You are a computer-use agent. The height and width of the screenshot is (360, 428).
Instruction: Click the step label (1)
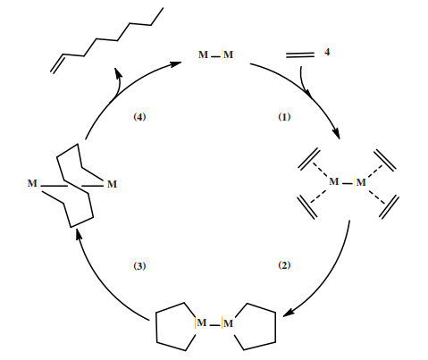coord(284,117)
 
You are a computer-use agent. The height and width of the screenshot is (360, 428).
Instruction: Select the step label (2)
coord(284,264)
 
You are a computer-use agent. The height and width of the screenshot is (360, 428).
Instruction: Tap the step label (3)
coord(139,265)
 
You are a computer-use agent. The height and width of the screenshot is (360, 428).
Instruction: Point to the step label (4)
coord(139,117)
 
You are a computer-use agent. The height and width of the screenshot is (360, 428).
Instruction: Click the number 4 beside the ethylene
coord(327,52)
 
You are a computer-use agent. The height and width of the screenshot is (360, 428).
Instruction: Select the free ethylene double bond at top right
coord(300,54)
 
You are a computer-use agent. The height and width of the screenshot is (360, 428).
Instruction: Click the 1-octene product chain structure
coord(106,40)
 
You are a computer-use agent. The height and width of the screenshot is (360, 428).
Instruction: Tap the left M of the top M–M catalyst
coord(203,54)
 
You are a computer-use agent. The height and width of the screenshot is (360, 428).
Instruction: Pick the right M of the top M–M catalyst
coord(228,54)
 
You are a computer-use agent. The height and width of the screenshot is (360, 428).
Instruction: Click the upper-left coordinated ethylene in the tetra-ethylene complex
coord(309,159)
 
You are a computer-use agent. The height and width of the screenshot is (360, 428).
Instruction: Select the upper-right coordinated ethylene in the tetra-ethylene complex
coord(385,160)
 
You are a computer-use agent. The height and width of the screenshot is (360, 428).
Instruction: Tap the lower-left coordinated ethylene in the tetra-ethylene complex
coord(307,207)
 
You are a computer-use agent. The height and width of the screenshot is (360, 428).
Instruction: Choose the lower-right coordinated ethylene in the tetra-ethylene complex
coord(389,207)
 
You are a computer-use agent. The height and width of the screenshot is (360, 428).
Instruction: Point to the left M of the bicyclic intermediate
coord(32,183)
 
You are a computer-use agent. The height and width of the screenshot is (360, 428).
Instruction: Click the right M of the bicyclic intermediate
coord(112,184)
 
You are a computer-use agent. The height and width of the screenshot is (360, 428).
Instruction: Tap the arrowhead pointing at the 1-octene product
coord(118,72)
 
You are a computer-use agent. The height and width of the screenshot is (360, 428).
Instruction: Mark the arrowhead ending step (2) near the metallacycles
coord(289,313)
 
